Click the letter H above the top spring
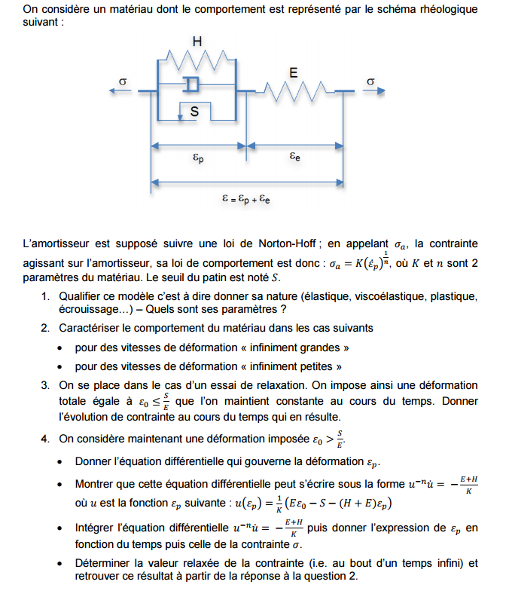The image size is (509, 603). pos(197,42)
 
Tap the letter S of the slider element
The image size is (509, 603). pos(194,112)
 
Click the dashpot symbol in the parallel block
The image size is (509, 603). pos(192,83)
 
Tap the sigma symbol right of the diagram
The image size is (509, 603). pos(370,81)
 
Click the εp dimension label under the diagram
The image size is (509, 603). pos(198,158)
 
